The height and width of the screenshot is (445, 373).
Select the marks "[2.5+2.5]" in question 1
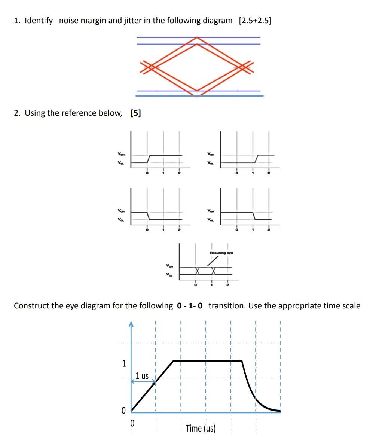click(x=255, y=21)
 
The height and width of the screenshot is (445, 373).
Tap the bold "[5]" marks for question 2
click(x=136, y=113)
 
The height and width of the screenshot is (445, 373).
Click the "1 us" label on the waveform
click(x=142, y=376)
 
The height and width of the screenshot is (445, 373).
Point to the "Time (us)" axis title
click(x=201, y=428)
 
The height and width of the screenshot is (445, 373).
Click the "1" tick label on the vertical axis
click(x=124, y=363)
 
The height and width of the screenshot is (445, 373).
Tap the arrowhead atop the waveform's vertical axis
click(x=131, y=324)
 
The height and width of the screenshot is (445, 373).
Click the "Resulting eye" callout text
click(x=221, y=253)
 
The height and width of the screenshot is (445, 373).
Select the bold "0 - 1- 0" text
click(x=190, y=306)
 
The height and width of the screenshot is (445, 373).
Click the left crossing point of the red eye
click(x=152, y=67)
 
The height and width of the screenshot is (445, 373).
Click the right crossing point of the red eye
click(x=243, y=67)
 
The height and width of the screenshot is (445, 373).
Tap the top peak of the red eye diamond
click(x=197, y=38)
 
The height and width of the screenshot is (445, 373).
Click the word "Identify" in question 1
click(x=39, y=21)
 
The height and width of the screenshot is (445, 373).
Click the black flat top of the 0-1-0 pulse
click(x=208, y=361)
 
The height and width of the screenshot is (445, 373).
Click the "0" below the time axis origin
click(x=132, y=423)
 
